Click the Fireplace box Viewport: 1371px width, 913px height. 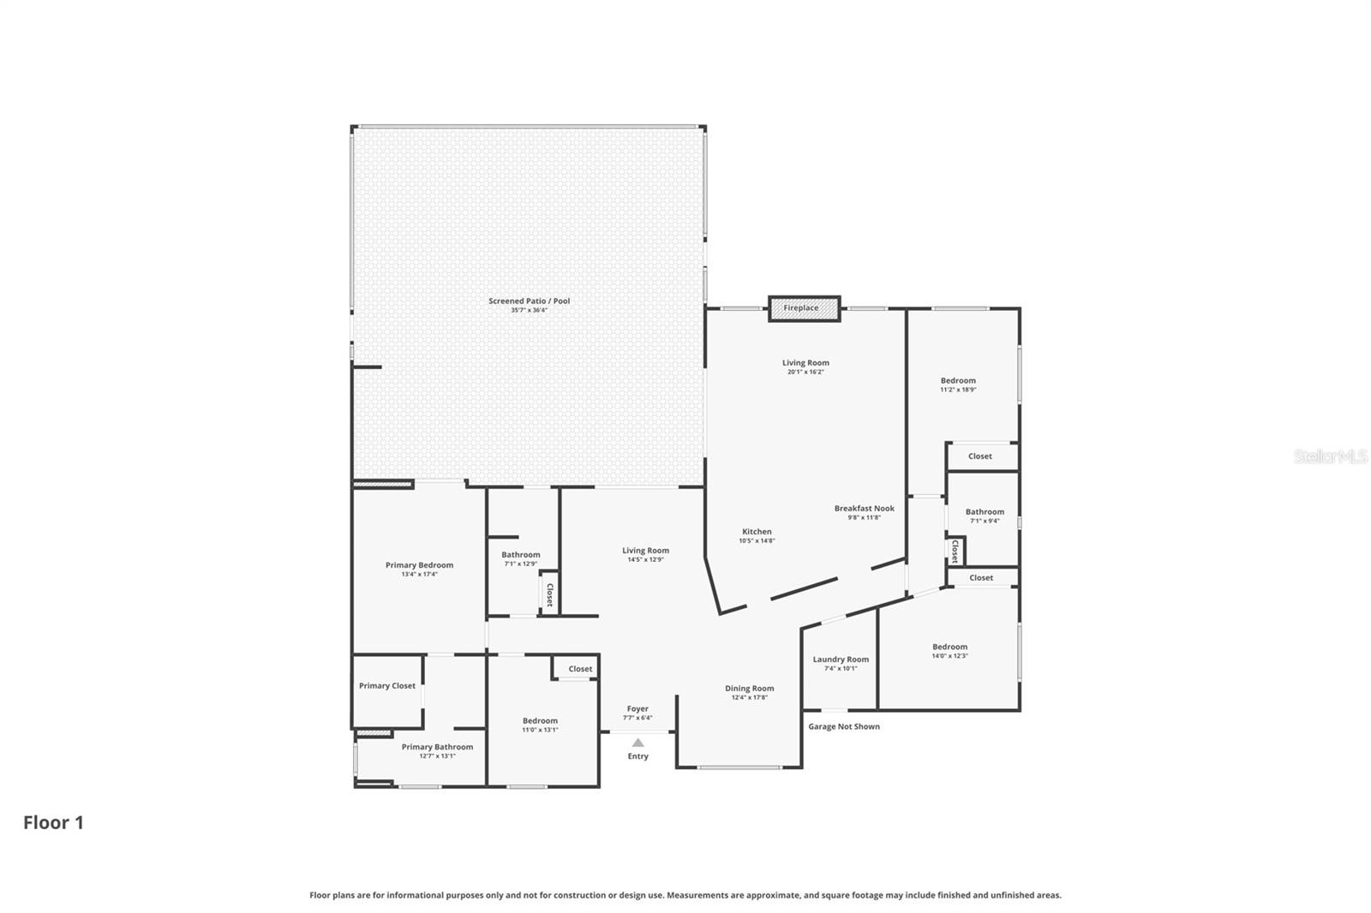[x=803, y=308]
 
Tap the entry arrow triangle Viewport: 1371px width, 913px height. [x=638, y=743]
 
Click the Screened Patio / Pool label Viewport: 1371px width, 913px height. [x=529, y=301]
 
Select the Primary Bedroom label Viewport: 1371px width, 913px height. [x=419, y=565]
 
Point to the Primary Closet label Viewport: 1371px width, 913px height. [x=386, y=686]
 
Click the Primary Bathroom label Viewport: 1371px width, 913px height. [x=437, y=747]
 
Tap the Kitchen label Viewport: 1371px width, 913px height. [x=757, y=532]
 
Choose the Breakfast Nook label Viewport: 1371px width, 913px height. [x=864, y=508]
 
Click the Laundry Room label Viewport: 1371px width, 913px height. [x=841, y=659]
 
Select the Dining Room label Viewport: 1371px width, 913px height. [x=749, y=689]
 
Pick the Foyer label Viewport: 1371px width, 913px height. [x=638, y=709]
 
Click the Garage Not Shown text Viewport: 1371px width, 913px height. [x=844, y=726]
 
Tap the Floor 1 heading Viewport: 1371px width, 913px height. [x=53, y=823]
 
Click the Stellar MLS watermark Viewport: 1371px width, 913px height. [x=1330, y=457]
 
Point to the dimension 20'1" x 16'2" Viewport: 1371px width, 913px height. [x=805, y=372]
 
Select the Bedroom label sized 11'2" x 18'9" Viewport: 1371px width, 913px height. [x=958, y=380]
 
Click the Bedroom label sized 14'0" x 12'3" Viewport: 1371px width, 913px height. [x=949, y=647]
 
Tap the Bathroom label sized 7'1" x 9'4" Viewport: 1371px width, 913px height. [x=985, y=512]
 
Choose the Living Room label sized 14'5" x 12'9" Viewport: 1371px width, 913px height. [x=645, y=551]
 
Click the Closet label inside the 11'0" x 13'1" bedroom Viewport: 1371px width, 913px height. [x=580, y=669]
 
